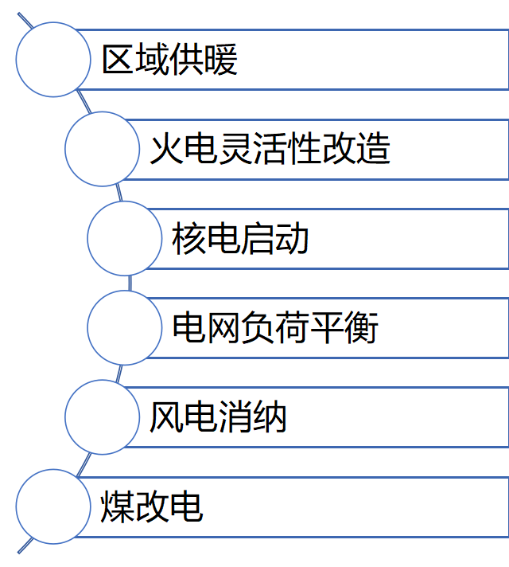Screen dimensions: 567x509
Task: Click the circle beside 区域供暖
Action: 53,60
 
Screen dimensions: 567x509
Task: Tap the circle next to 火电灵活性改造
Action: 102,149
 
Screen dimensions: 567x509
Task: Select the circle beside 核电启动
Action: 124,238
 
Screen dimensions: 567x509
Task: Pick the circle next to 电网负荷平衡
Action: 124,327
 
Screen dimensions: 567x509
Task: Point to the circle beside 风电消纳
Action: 102,416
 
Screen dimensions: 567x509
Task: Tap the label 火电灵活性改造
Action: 270,149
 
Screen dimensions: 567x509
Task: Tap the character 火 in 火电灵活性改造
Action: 166,149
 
